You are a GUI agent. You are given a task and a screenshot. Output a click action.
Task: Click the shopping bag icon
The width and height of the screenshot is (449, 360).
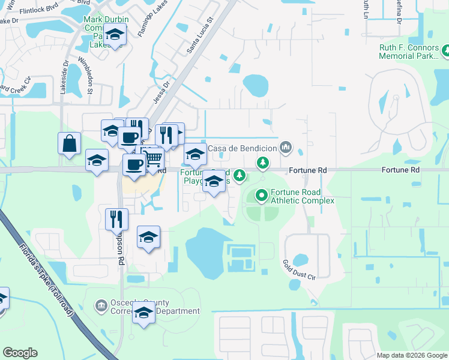click(70, 143)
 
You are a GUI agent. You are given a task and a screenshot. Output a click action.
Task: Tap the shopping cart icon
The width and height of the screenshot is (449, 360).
click(154, 158)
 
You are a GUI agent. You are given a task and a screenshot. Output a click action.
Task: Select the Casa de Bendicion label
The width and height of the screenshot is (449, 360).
click(243, 148)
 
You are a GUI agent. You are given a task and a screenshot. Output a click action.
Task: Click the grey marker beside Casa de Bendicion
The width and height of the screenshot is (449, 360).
click(286, 146)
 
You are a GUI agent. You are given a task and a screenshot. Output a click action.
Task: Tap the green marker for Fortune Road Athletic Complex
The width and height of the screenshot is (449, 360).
click(262, 195)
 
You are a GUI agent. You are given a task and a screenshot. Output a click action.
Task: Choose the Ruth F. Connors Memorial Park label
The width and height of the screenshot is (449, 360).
click(410, 52)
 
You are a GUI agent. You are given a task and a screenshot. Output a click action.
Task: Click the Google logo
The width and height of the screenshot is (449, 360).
click(20, 352)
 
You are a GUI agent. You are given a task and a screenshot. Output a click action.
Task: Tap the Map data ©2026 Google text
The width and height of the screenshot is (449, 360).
click(411, 355)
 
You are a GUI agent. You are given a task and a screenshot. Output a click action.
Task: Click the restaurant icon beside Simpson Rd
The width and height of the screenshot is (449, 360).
click(116, 219)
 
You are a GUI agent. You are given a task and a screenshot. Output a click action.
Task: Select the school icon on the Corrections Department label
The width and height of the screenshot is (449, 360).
click(143, 313)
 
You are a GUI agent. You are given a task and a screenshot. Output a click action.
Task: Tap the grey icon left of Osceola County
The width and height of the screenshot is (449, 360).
click(100, 307)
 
